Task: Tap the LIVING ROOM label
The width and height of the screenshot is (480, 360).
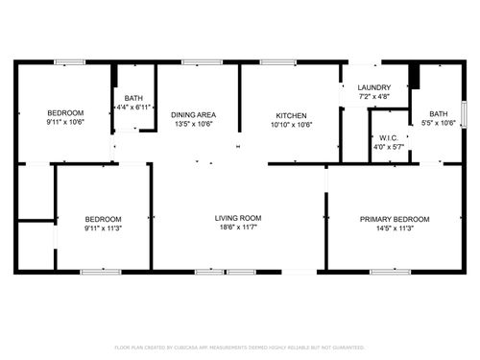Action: click(237, 218)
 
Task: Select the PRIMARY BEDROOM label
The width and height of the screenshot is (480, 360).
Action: click(395, 219)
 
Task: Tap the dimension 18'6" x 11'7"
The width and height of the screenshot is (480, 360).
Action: click(237, 229)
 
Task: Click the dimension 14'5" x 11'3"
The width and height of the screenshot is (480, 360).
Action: click(395, 229)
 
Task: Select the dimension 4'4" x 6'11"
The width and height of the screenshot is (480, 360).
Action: click(133, 108)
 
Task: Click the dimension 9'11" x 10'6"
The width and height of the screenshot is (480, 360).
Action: click(66, 122)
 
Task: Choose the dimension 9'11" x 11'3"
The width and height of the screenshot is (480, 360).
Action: click(101, 229)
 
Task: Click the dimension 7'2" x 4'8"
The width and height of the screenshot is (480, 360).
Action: click(373, 96)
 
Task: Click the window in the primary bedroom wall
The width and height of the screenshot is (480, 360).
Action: click(385, 272)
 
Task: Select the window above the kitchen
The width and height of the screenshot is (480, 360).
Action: click(277, 62)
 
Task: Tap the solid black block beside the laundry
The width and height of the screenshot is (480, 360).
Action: click(415, 75)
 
